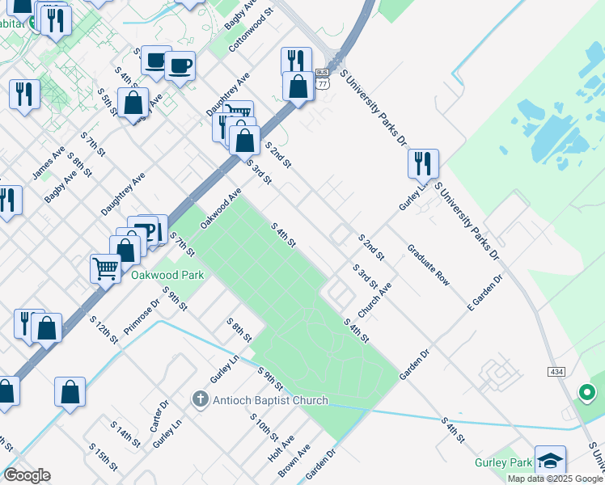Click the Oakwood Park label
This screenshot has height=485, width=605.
(x=168, y=275)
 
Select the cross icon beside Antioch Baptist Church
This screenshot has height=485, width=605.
(x=201, y=399)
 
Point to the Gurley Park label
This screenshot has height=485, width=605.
(x=503, y=463)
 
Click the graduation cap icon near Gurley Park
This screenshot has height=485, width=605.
(x=550, y=461)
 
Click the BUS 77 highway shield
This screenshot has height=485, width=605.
(x=323, y=78)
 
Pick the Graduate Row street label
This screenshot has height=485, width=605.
(x=428, y=264)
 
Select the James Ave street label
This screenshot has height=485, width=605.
(x=48, y=163)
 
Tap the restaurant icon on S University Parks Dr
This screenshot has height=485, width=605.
(x=423, y=163)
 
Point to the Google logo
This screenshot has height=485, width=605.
(x=27, y=475)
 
